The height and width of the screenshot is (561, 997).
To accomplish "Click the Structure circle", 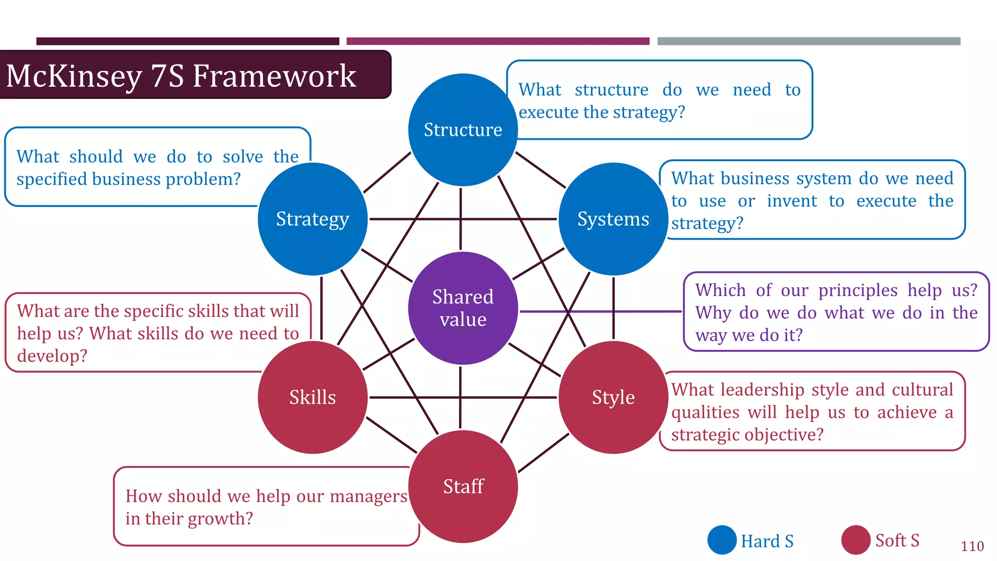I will [x=462, y=130].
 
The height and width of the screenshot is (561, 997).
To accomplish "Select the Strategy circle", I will [x=313, y=219].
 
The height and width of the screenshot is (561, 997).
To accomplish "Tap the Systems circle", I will [x=613, y=219].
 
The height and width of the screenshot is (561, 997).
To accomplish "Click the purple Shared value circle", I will [x=462, y=308].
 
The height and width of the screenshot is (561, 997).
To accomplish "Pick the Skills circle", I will [x=313, y=397].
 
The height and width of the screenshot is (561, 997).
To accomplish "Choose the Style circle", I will [x=613, y=397].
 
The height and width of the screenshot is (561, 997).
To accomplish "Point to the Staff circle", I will [x=462, y=486].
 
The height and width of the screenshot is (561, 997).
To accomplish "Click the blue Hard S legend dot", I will [x=722, y=540].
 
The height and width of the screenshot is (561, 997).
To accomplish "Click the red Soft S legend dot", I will [x=856, y=540].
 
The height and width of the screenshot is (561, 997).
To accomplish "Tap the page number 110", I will [x=972, y=546].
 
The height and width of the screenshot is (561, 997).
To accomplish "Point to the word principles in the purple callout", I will [x=858, y=290].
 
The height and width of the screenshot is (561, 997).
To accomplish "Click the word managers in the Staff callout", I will [x=368, y=496].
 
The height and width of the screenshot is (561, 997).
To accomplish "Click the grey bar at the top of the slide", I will [x=809, y=41].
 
